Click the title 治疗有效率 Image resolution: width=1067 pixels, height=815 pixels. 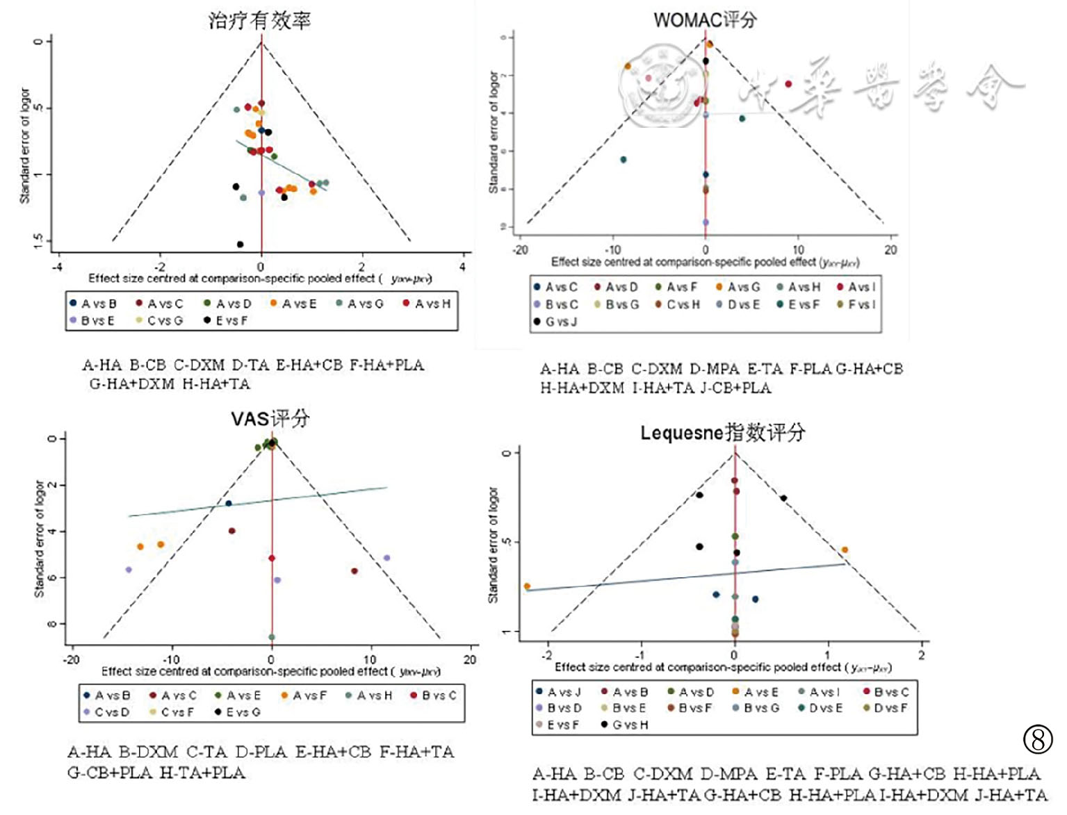[x=259, y=20]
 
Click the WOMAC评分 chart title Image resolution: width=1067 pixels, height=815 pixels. [x=705, y=19]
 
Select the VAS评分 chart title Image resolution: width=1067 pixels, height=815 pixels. [x=270, y=418]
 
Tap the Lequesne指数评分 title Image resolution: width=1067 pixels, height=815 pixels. [x=722, y=433]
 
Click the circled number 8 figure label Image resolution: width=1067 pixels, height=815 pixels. [x=1038, y=739]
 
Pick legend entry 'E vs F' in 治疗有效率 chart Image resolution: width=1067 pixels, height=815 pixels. [x=225, y=320]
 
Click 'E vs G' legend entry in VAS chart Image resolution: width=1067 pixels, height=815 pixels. [x=237, y=712]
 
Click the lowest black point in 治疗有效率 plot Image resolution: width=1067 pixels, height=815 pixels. [x=240, y=244]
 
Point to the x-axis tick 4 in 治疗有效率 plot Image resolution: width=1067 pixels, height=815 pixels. [x=463, y=267]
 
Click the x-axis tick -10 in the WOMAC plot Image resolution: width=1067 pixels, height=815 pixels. [x=612, y=250]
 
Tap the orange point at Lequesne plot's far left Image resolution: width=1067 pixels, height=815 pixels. [x=527, y=586]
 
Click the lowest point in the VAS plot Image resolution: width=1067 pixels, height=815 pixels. [x=272, y=637]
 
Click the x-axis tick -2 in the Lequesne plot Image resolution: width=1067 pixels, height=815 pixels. [x=548, y=655]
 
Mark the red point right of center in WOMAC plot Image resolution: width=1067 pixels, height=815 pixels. [x=788, y=84]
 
